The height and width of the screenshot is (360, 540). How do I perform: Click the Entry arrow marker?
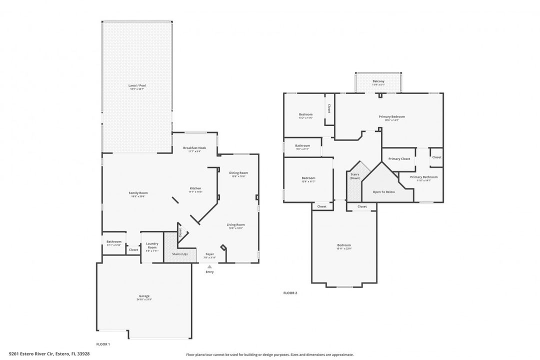click(x=209, y=267)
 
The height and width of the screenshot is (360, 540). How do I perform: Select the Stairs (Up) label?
click(x=180, y=254)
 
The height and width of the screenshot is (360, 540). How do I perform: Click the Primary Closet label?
click(x=399, y=158)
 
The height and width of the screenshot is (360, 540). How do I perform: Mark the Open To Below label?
click(x=384, y=191)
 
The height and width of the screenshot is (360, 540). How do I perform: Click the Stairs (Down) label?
click(x=354, y=176)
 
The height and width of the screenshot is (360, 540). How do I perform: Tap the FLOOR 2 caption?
click(x=290, y=293)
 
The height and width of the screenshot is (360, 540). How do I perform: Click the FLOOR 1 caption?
click(x=102, y=344)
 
